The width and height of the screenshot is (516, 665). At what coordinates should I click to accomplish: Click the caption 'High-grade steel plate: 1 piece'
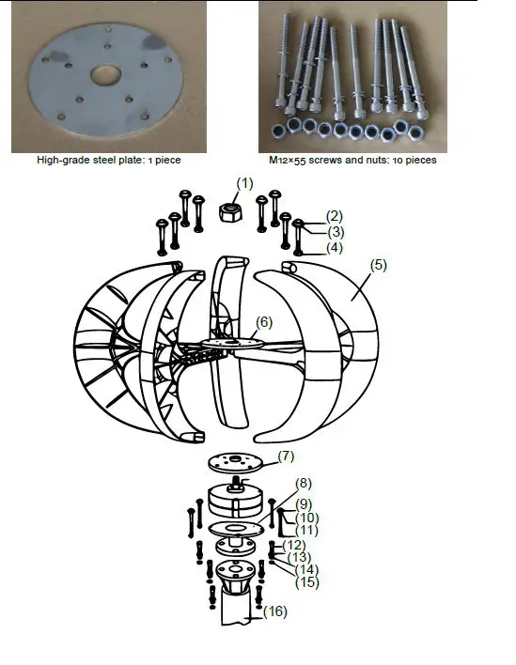[x=108, y=161]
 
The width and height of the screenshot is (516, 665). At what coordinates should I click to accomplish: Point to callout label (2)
[x=335, y=215]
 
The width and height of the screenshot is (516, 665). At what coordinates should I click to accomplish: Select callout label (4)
[x=335, y=248]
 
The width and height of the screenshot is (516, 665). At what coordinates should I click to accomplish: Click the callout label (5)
[x=378, y=265]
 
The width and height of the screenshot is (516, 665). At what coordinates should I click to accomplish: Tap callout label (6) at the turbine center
[x=264, y=321]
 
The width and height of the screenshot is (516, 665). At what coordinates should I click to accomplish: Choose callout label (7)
[x=285, y=456]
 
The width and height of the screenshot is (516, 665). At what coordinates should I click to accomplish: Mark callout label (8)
[x=304, y=484]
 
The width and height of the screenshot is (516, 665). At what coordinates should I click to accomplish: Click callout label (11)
[x=306, y=532]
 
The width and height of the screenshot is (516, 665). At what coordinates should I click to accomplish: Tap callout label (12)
[x=294, y=546]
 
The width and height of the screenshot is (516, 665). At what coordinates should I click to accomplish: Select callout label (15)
[x=306, y=582]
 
